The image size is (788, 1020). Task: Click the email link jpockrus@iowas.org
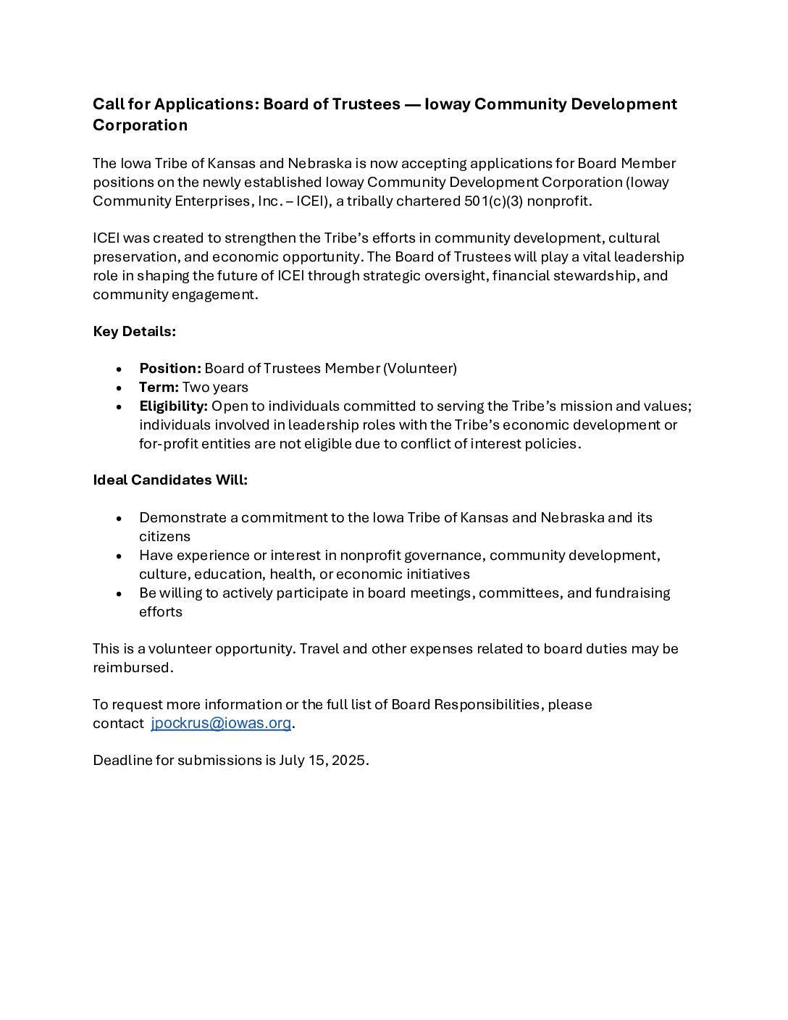click(x=221, y=723)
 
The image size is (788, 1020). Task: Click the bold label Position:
click(x=170, y=369)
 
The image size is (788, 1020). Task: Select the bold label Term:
click(x=159, y=388)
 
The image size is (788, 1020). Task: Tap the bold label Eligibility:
click(x=173, y=406)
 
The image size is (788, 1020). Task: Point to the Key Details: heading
click(x=134, y=332)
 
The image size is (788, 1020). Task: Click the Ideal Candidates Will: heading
click(x=170, y=480)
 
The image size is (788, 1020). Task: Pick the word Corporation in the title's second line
click(x=140, y=125)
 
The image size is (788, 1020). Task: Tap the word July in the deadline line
click(x=293, y=761)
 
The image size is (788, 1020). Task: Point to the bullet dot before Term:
click(x=119, y=388)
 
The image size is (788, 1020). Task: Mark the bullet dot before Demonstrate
click(x=119, y=519)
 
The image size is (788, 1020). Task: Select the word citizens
click(x=164, y=537)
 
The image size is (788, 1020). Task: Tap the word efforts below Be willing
click(x=161, y=612)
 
